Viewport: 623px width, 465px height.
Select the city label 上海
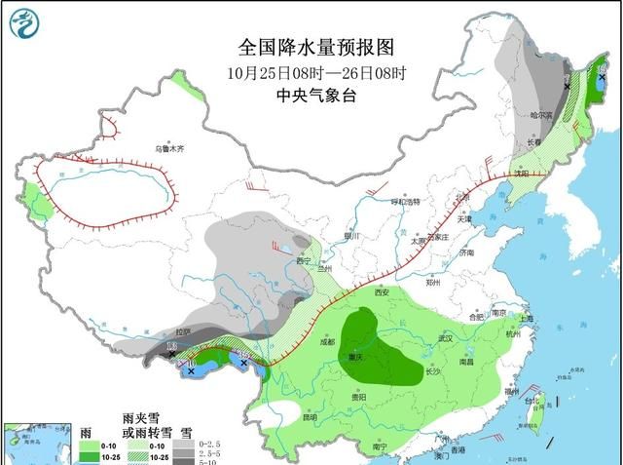pos(526,319)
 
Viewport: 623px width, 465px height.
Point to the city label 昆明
pos(311,417)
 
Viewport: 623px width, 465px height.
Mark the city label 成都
pos(325,341)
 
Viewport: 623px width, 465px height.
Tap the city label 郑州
pos(433,282)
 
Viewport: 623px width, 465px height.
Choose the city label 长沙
pos(435,372)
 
